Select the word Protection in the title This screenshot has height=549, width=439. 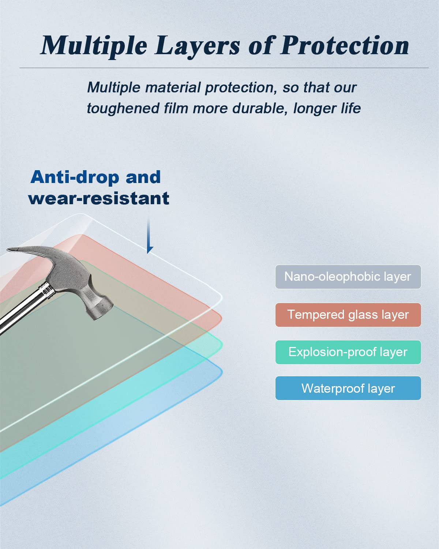pyautogui.click(x=345, y=45)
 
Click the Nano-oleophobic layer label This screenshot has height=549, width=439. pyautogui.click(x=348, y=277)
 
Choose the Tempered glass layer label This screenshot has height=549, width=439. pyautogui.click(x=348, y=315)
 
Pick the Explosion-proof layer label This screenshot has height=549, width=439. pyautogui.click(x=348, y=352)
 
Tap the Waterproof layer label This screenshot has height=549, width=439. pyautogui.click(x=348, y=388)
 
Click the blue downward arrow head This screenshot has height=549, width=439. pyautogui.click(x=150, y=250)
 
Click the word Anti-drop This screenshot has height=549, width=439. pyautogui.click(x=75, y=177)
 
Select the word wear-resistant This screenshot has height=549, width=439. pyautogui.click(x=99, y=198)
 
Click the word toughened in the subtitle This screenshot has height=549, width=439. pyautogui.click(x=123, y=108)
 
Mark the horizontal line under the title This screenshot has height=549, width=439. pyautogui.click(x=224, y=68)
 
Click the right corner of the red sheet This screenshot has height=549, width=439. pyautogui.click(x=221, y=318)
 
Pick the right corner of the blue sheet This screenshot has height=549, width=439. pyautogui.click(x=221, y=373)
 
